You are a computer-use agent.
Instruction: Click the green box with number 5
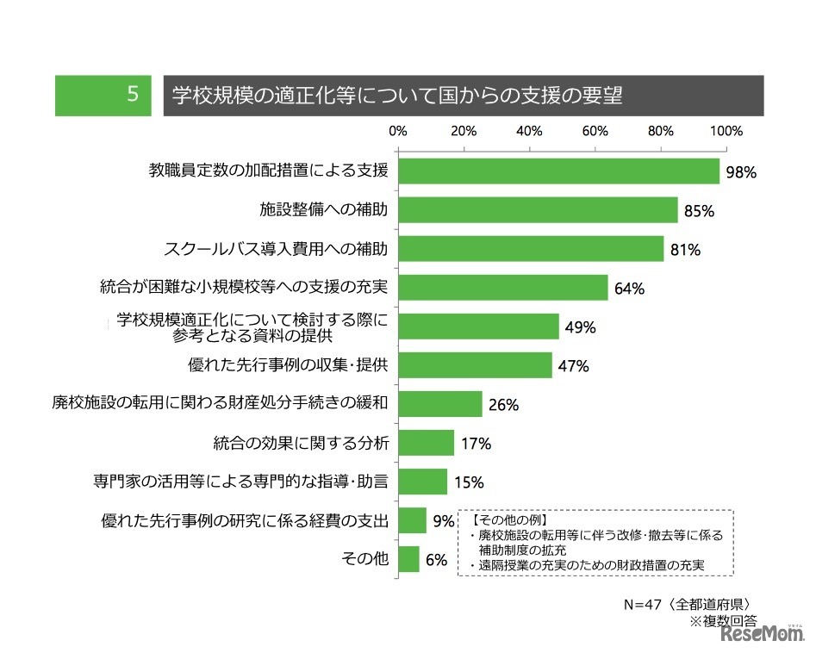[104, 96]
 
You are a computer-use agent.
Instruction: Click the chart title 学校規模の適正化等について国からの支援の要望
[397, 96]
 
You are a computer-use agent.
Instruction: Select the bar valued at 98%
[558, 171]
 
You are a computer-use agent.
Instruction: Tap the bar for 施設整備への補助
[538, 210]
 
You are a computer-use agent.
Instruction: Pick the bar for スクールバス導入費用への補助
[531, 249]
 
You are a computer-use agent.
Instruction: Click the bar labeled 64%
[503, 288]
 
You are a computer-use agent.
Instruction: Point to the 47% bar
[475, 365]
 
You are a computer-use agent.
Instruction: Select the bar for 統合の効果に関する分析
[426, 443]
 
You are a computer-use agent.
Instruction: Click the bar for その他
[408, 559]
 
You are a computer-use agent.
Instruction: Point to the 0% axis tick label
[398, 132]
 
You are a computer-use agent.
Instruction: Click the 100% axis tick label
[726, 132]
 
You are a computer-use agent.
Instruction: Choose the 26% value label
[501, 405]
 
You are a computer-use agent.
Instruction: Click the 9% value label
[443, 521]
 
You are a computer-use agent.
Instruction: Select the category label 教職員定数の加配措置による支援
[269, 171]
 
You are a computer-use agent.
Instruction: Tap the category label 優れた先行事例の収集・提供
[288, 365]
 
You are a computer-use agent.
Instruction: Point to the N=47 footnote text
[690, 604]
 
